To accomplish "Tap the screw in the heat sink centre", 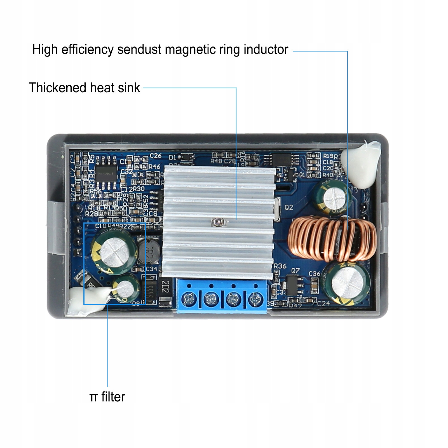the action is click(216, 222).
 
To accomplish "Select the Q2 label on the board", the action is click(289, 207).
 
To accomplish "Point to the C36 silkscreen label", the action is click(314, 273).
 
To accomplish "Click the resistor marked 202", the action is click(165, 287).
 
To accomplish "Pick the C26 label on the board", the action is click(156, 156).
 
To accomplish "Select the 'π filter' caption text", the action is click(107, 397).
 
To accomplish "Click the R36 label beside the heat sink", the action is click(280, 266).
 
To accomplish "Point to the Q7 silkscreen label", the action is click(295, 271).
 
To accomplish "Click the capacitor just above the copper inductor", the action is click(332, 198).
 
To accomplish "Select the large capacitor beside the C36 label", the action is click(346, 283).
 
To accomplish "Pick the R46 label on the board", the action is click(154, 167).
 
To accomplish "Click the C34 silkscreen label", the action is click(151, 269).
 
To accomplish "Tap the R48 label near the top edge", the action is click(216, 161).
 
